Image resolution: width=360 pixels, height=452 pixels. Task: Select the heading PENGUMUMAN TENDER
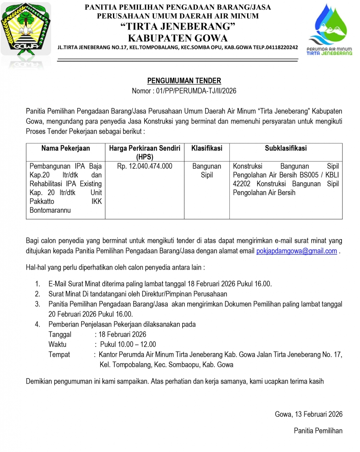184,81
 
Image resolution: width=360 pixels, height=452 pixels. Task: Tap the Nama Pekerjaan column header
65,149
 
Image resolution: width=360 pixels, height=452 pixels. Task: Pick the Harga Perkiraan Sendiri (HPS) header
145,152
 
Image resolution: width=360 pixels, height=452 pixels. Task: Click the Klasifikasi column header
206,149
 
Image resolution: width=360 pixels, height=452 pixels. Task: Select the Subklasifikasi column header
286,149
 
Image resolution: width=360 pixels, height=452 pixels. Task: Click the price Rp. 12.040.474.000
145,166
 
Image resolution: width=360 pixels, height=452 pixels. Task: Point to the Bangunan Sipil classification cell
206,171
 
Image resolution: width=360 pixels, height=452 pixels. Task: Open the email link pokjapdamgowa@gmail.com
296,251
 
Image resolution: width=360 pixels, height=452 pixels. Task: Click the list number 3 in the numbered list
37,304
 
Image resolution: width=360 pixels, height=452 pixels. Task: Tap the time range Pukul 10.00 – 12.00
128,344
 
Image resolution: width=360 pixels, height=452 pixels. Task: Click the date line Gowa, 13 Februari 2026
308,414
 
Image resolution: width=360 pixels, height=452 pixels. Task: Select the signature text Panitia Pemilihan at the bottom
318,431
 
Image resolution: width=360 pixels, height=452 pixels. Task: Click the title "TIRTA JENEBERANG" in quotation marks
178,27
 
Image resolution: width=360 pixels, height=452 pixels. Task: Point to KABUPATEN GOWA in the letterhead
178,38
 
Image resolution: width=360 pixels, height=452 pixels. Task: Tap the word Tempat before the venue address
59,354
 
